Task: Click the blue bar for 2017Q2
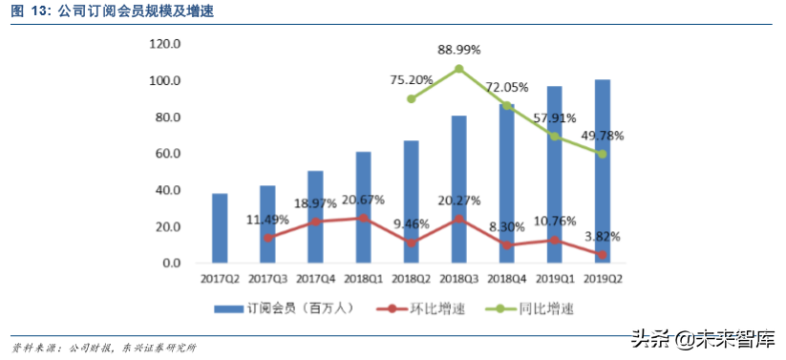[220, 228]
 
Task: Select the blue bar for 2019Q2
[603, 172]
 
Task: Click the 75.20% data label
[412, 79]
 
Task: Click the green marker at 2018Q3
[459, 69]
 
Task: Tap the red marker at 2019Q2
[603, 255]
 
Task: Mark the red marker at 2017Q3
[268, 237]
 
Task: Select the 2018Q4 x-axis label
[507, 278]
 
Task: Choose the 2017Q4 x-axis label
[316, 278]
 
